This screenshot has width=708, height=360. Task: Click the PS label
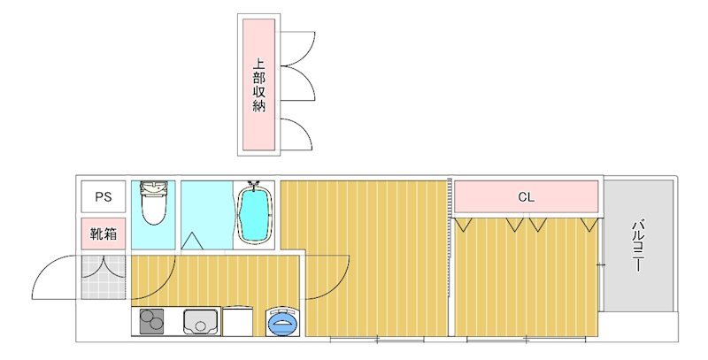coord(104,196)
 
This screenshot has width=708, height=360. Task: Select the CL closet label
coord(527,197)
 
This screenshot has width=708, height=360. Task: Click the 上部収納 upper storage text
coord(259,85)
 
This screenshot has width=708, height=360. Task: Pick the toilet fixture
coord(154,206)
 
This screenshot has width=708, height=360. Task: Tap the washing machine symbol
coord(284,323)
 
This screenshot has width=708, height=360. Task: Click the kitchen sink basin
coord(200,322)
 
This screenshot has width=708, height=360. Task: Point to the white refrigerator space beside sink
coord(238,322)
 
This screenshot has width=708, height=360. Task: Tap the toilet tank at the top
coord(154,187)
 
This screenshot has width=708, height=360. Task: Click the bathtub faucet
coord(256,186)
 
